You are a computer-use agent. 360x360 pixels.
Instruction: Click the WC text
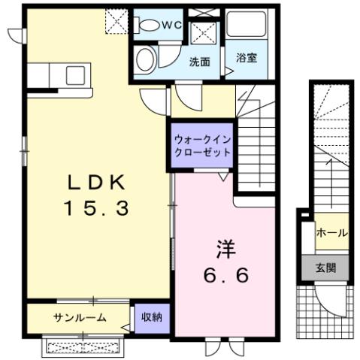tap(172, 24)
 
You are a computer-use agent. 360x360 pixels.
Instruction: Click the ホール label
tap(331, 234)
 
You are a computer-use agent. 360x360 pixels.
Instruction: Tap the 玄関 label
tap(325, 267)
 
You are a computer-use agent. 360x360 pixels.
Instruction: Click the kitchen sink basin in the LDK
tap(75, 74)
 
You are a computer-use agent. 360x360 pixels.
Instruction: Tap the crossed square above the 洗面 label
tap(204, 34)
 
